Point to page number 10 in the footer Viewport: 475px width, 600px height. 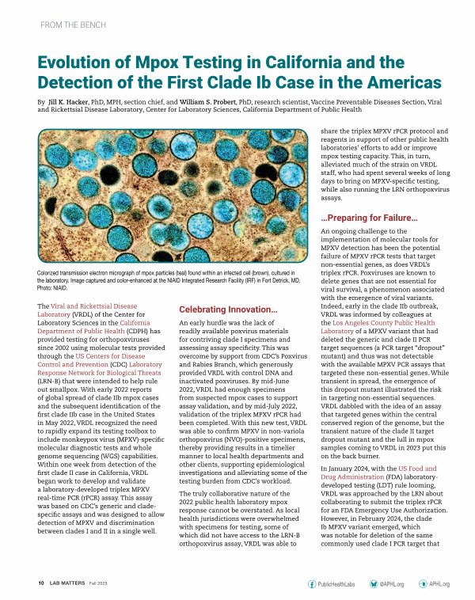pyautogui.click(x=40, y=582)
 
